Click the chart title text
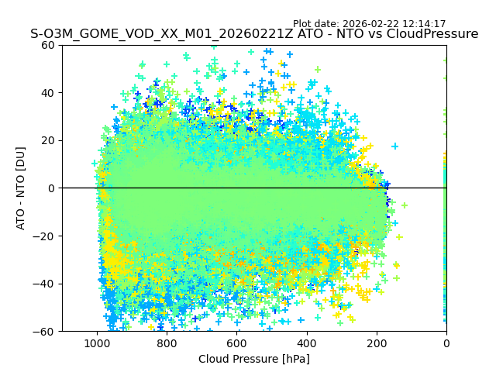click(x=254, y=34)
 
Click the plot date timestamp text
click(x=369, y=24)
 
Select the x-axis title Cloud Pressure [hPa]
click(x=254, y=359)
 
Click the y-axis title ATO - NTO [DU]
click(x=21, y=188)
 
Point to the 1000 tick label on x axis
click(x=97, y=343)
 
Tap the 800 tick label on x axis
click(x=167, y=343)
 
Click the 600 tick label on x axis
click(x=236, y=343)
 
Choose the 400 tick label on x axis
click(x=306, y=343)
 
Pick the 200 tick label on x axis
click(x=377, y=343)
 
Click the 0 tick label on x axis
click(x=446, y=343)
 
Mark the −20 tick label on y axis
click(x=46, y=236)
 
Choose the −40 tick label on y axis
click(x=46, y=284)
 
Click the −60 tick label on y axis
click(x=46, y=331)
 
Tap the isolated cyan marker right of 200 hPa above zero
click(x=394, y=146)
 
